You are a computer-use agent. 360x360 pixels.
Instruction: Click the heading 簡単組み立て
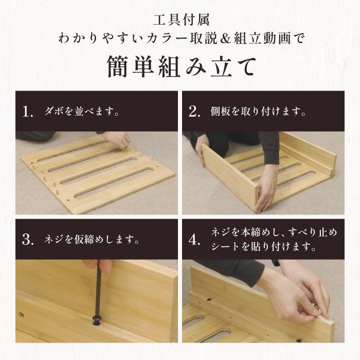[180, 66]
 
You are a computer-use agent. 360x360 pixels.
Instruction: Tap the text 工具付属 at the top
[180, 21]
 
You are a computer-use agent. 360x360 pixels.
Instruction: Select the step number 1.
[29, 111]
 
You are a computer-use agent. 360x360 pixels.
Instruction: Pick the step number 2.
[194, 111]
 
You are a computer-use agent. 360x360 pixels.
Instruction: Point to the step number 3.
[29, 239]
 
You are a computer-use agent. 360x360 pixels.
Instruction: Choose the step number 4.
[194, 240]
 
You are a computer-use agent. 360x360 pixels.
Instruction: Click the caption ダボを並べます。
[82, 112]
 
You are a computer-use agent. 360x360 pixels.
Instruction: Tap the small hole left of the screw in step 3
[21, 314]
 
